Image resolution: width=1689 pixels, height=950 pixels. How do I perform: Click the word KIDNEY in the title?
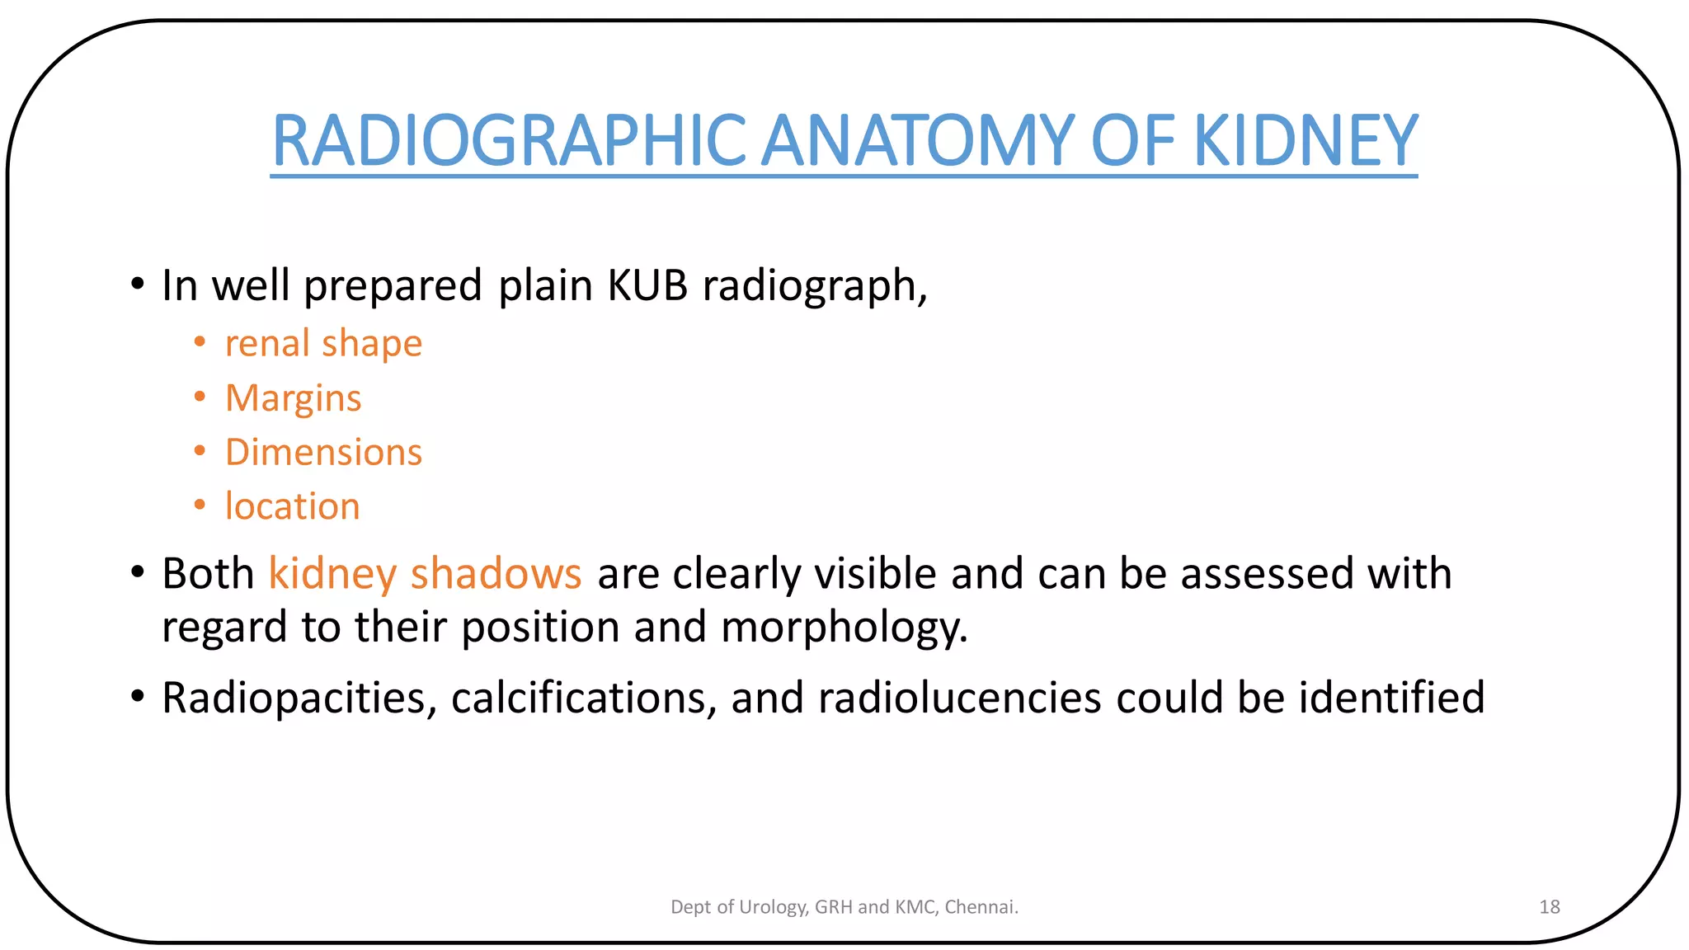click(x=1306, y=140)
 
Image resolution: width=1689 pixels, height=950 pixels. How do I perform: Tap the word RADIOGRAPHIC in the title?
click(x=509, y=140)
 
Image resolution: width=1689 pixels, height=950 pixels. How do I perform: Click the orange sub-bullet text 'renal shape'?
click(x=323, y=343)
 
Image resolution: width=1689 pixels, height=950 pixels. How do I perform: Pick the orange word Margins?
click(x=294, y=398)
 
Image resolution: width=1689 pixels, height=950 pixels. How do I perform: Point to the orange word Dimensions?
click(x=323, y=452)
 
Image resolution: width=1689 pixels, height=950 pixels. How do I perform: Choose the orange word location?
click(x=293, y=506)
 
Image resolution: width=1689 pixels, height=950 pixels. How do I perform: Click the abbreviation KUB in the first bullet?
click(x=647, y=285)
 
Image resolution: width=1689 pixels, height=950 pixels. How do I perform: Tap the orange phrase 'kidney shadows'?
click(x=425, y=573)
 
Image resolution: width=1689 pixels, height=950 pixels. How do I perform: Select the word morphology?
click(x=844, y=628)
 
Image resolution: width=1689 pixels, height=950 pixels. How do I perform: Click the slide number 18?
click(x=1549, y=907)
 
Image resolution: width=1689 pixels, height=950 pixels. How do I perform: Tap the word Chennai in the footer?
click(x=981, y=907)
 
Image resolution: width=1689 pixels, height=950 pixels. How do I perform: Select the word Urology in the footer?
click(x=773, y=907)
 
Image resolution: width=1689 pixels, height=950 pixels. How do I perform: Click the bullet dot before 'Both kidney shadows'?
click(x=138, y=571)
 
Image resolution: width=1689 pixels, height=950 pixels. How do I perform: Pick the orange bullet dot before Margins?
click(x=200, y=397)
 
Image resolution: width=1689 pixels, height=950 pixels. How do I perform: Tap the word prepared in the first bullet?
click(x=393, y=285)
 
